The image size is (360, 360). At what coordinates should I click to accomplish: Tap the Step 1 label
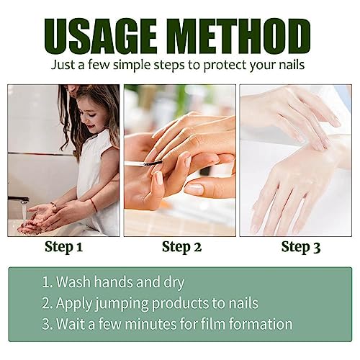(x=63, y=248)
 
